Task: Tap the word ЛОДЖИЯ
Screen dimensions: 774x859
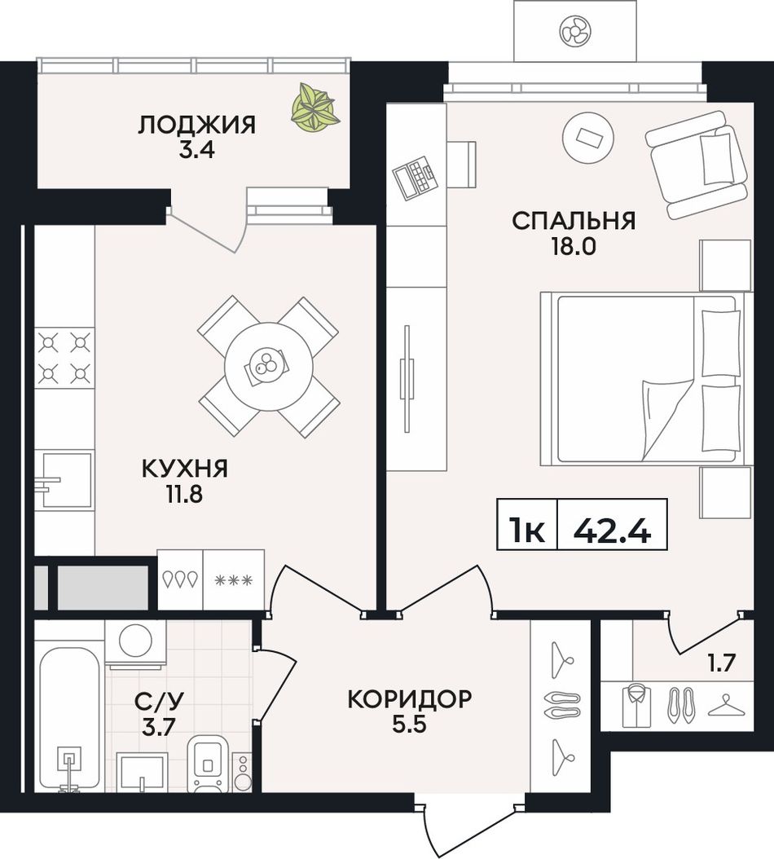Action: tap(196, 126)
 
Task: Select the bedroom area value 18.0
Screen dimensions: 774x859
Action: tap(574, 247)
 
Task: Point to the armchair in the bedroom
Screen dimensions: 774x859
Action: tap(697, 165)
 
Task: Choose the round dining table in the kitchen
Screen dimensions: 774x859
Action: tap(268, 366)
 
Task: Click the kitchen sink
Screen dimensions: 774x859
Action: tap(63, 481)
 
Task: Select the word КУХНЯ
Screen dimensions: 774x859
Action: tap(185, 469)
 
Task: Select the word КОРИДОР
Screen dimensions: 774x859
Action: tap(409, 699)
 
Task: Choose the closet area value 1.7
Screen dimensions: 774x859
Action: tap(721, 664)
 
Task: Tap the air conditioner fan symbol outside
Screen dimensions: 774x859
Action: tap(574, 30)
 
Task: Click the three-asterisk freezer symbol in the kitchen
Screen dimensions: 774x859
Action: tap(233, 579)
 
